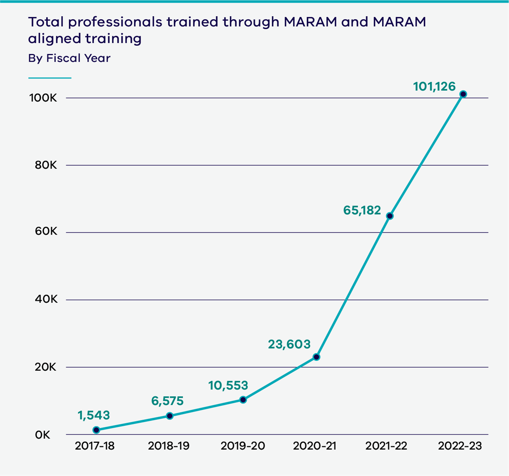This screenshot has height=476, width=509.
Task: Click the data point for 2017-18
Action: pyautogui.click(x=96, y=430)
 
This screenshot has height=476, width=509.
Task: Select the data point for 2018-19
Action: pyautogui.click(x=170, y=416)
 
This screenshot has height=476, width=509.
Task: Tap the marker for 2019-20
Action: pyautogui.click(x=243, y=400)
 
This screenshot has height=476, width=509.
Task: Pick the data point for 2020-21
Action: pyautogui.click(x=316, y=357)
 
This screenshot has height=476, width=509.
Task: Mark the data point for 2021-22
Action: pyautogui.click(x=390, y=216)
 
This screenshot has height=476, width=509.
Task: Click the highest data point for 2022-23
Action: pyautogui.click(x=463, y=94)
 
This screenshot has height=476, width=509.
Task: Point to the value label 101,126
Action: pyautogui.click(x=434, y=87)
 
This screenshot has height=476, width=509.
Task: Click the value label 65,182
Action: pyautogui.click(x=362, y=210)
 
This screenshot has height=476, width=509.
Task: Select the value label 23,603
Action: pyautogui.click(x=289, y=344)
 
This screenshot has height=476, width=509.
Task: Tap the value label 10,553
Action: pyautogui.click(x=228, y=385)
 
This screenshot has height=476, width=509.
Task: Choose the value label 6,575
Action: pyautogui.click(x=167, y=401)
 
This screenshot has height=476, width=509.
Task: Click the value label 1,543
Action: pyautogui.click(x=93, y=415)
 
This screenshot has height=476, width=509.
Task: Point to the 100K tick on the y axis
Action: pyautogui.click(x=43, y=98)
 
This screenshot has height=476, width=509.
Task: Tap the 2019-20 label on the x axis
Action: pyautogui.click(x=243, y=446)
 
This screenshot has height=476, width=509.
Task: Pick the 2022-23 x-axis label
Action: pyautogui.click(x=460, y=446)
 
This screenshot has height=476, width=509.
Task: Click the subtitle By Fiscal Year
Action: pyautogui.click(x=69, y=58)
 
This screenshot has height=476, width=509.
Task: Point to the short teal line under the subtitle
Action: pyautogui.click(x=50, y=78)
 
